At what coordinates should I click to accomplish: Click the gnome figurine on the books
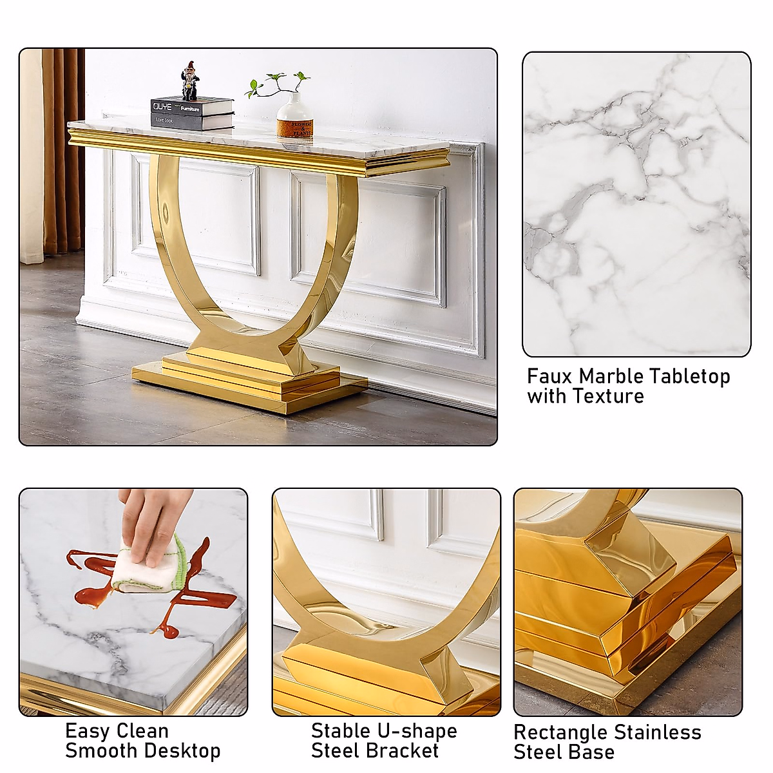pyautogui.click(x=189, y=81)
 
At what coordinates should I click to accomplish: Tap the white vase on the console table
pyautogui.click(x=294, y=117)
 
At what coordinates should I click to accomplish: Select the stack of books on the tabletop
pyautogui.click(x=192, y=113)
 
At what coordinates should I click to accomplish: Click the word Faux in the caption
pyautogui.click(x=549, y=376)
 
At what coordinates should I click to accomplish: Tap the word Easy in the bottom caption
pyautogui.click(x=87, y=732)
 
